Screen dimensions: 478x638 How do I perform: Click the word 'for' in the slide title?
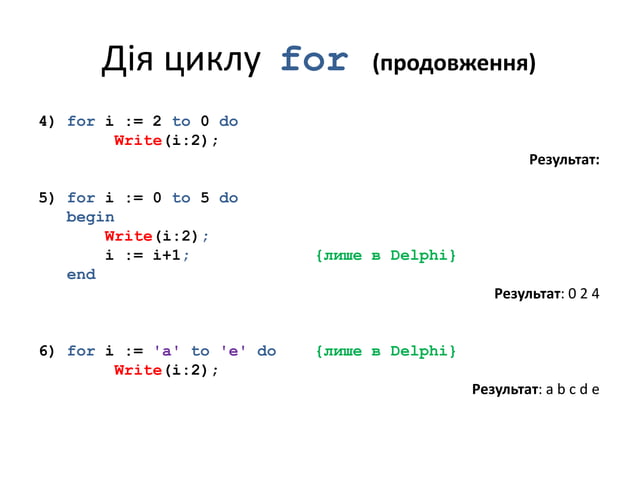click(314, 61)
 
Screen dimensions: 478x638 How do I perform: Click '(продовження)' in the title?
click(453, 65)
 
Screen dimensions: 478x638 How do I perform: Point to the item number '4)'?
click(46, 122)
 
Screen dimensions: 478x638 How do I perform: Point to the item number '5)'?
click(46, 198)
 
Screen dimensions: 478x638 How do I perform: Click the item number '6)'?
click(46, 351)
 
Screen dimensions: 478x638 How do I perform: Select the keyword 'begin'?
click(90, 217)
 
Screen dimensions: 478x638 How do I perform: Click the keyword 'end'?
click(81, 274)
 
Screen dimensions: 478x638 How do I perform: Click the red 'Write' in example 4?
click(138, 141)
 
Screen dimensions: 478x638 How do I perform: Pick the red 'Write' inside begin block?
click(128, 236)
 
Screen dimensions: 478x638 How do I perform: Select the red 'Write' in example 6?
click(138, 370)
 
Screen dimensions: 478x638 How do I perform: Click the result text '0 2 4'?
click(583, 294)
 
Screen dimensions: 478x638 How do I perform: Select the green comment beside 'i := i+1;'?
click(385, 255)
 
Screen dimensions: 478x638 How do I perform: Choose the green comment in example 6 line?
click(385, 351)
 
